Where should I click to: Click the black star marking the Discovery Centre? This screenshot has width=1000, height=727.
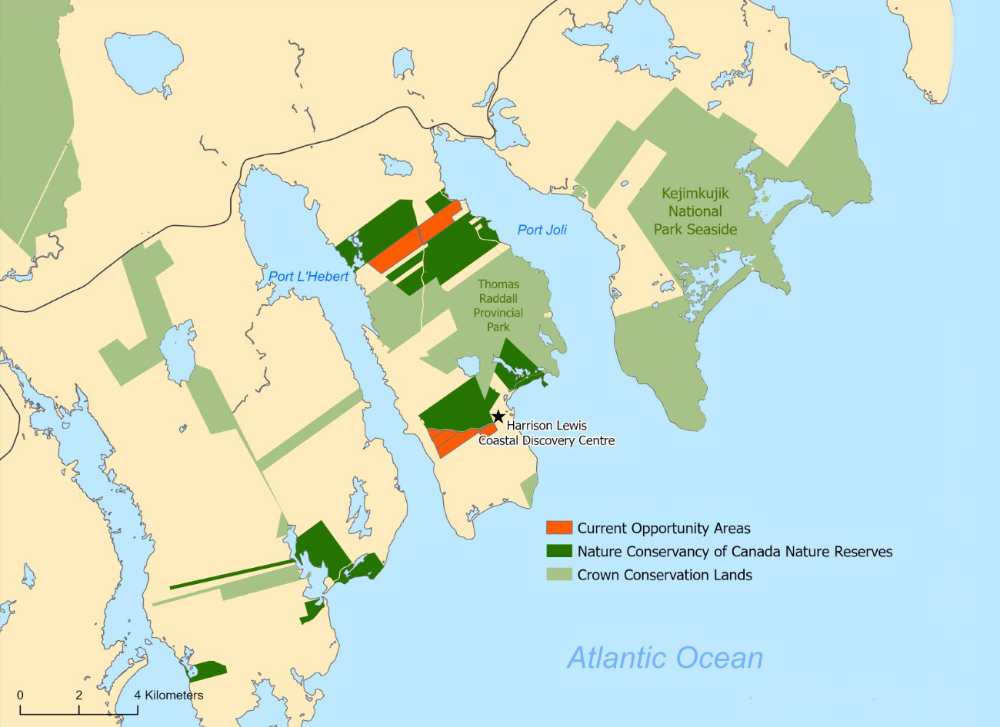pyautogui.click(x=498, y=417)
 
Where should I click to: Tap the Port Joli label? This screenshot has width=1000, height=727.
pyautogui.click(x=542, y=230)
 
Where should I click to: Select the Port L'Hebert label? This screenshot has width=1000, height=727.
pyautogui.click(x=308, y=277)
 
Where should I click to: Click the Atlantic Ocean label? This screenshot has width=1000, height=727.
pyautogui.click(x=665, y=658)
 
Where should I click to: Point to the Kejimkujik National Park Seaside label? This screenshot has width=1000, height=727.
pyautogui.click(x=695, y=211)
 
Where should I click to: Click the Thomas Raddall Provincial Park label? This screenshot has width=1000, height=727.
pyautogui.click(x=498, y=305)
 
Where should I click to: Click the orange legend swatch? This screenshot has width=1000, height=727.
pyautogui.click(x=559, y=528)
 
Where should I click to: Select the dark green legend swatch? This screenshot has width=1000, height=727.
pyautogui.click(x=559, y=551)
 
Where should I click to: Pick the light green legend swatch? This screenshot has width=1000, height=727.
pyautogui.click(x=559, y=574)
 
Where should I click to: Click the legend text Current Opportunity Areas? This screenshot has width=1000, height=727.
pyautogui.click(x=664, y=529)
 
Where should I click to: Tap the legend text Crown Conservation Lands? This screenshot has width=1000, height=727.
pyautogui.click(x=665, y=575)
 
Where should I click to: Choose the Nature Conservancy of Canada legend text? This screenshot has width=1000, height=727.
pyautogui.click(x=735, y=552)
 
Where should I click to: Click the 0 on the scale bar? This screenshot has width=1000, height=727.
pyautogui.click(x=20, y=695)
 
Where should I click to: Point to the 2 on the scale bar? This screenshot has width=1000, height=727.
pyautogui.click(x=78, y=695)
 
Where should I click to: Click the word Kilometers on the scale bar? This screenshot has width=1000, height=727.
pyautogui.click(x=175, y=695)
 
